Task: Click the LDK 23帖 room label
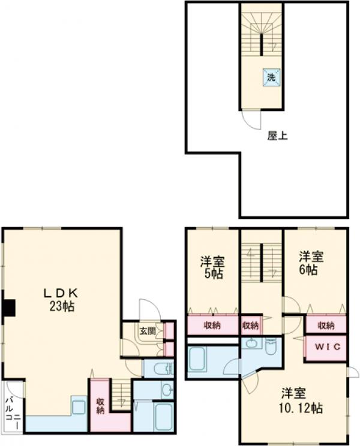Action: [59, 299]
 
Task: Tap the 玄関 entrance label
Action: [148, 330]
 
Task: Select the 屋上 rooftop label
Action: [277, 135]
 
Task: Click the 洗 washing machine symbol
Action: [271, 77]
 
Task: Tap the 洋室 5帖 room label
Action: [212, 267]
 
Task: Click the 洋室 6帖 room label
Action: [311, 263]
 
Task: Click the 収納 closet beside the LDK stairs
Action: [100, 405]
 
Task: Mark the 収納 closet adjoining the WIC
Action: [326, 325]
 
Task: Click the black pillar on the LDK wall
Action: [8, 308]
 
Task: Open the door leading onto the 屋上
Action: [251, 119]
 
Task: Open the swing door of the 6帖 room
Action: [291, 306]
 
